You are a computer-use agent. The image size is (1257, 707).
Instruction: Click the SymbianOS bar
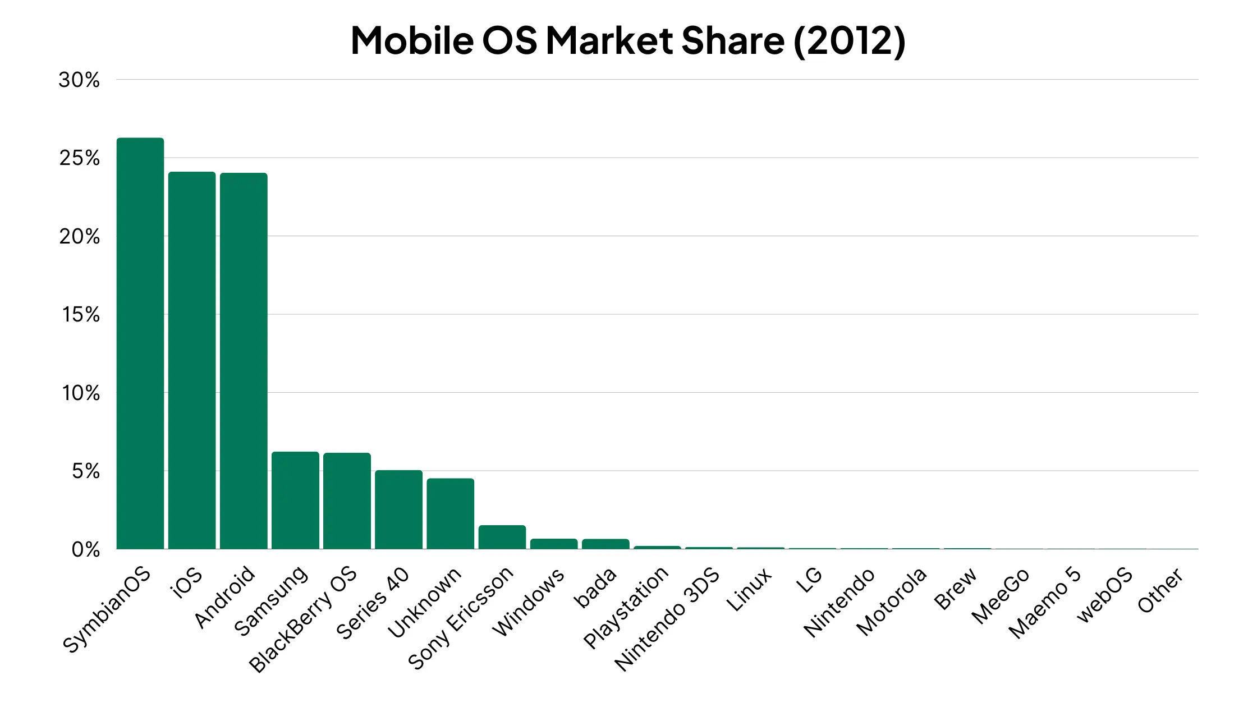click(140, 343)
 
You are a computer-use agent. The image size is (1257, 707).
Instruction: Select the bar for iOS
click(192, 360)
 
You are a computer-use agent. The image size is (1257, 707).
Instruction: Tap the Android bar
click(244, 361)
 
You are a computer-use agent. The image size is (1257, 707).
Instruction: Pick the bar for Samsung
click(295, 501)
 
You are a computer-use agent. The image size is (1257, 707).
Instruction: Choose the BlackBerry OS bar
click(347, 501)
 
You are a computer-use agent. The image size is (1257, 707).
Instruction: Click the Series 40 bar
click(398, 509)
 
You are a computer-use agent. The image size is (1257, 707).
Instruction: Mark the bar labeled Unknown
click(450, 513)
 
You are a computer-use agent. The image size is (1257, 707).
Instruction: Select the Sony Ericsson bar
click(502, 537)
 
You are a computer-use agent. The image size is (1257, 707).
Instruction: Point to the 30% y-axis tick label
click(79, 80)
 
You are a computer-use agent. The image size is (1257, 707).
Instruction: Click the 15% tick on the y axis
click(81, 315)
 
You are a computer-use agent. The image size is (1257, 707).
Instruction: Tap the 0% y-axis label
click(85, 549)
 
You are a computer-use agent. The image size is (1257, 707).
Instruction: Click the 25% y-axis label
click(79, 158)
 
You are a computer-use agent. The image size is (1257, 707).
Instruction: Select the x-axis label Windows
click(529, 602)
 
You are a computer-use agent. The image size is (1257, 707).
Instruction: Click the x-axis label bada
click(595, 587)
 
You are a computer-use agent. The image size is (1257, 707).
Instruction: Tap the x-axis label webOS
click(1104, 594)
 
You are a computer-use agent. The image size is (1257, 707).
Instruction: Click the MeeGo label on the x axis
click(1001, 595)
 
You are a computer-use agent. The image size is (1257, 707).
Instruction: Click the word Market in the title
click(609, 40)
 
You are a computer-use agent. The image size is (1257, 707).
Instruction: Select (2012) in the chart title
click(850, 40)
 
